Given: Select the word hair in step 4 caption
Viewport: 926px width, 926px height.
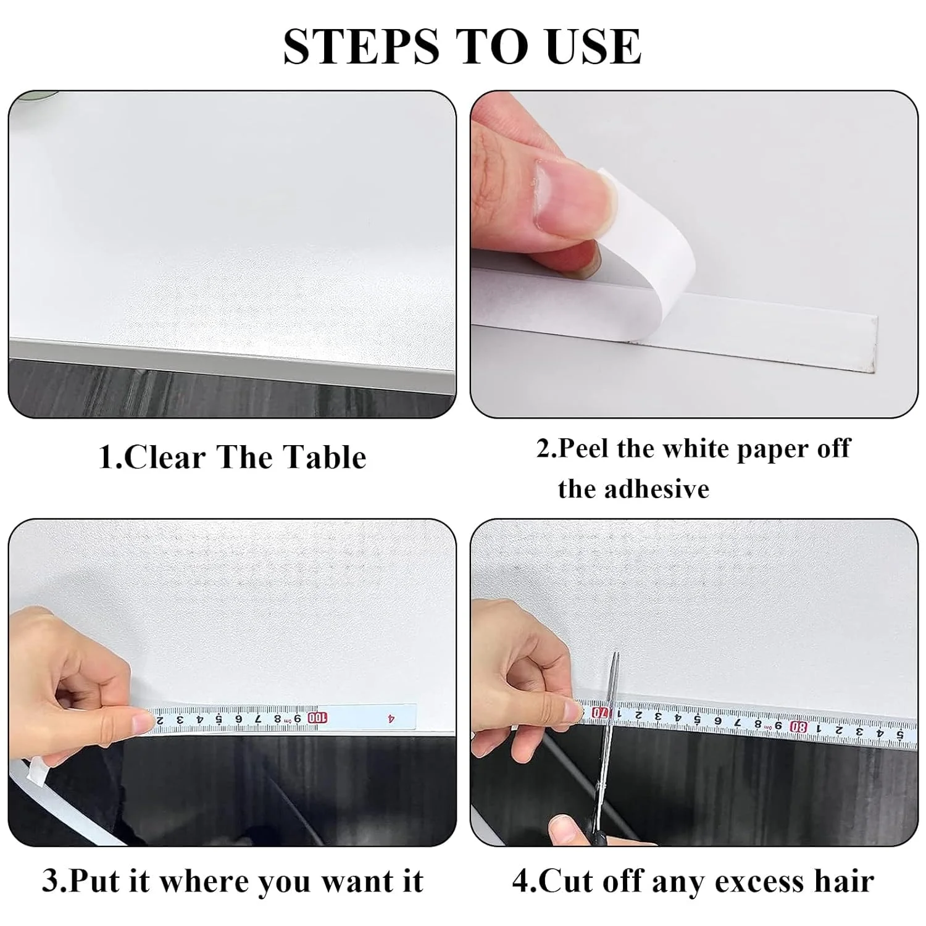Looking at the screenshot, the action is [844, 881].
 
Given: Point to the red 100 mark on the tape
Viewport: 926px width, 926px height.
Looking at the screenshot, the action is [317, 718].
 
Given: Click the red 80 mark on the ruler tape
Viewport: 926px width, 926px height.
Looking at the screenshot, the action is [799, 727].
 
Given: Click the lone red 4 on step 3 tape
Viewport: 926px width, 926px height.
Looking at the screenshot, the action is [391, 718].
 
